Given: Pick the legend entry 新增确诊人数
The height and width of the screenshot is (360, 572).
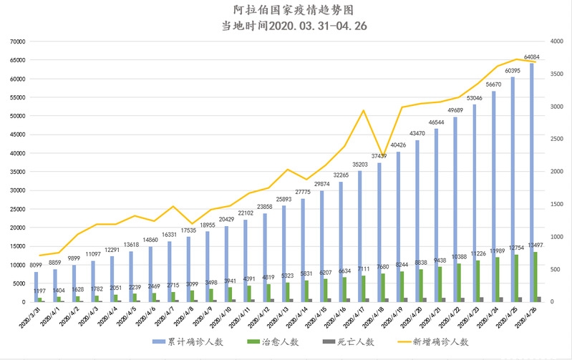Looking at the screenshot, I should pyautogui.click(x=439, y=342).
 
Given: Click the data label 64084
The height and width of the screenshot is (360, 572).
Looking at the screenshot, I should pyautogui.click(x=532, y=57).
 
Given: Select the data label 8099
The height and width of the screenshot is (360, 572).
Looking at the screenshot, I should pyautogui.click(x=34, y=265).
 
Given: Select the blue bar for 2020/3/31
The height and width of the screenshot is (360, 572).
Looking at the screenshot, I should pyautogui.click(x=36, y=287).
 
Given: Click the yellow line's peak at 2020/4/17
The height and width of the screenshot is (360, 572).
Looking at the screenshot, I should pyautogui.click(x=364, y=110).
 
